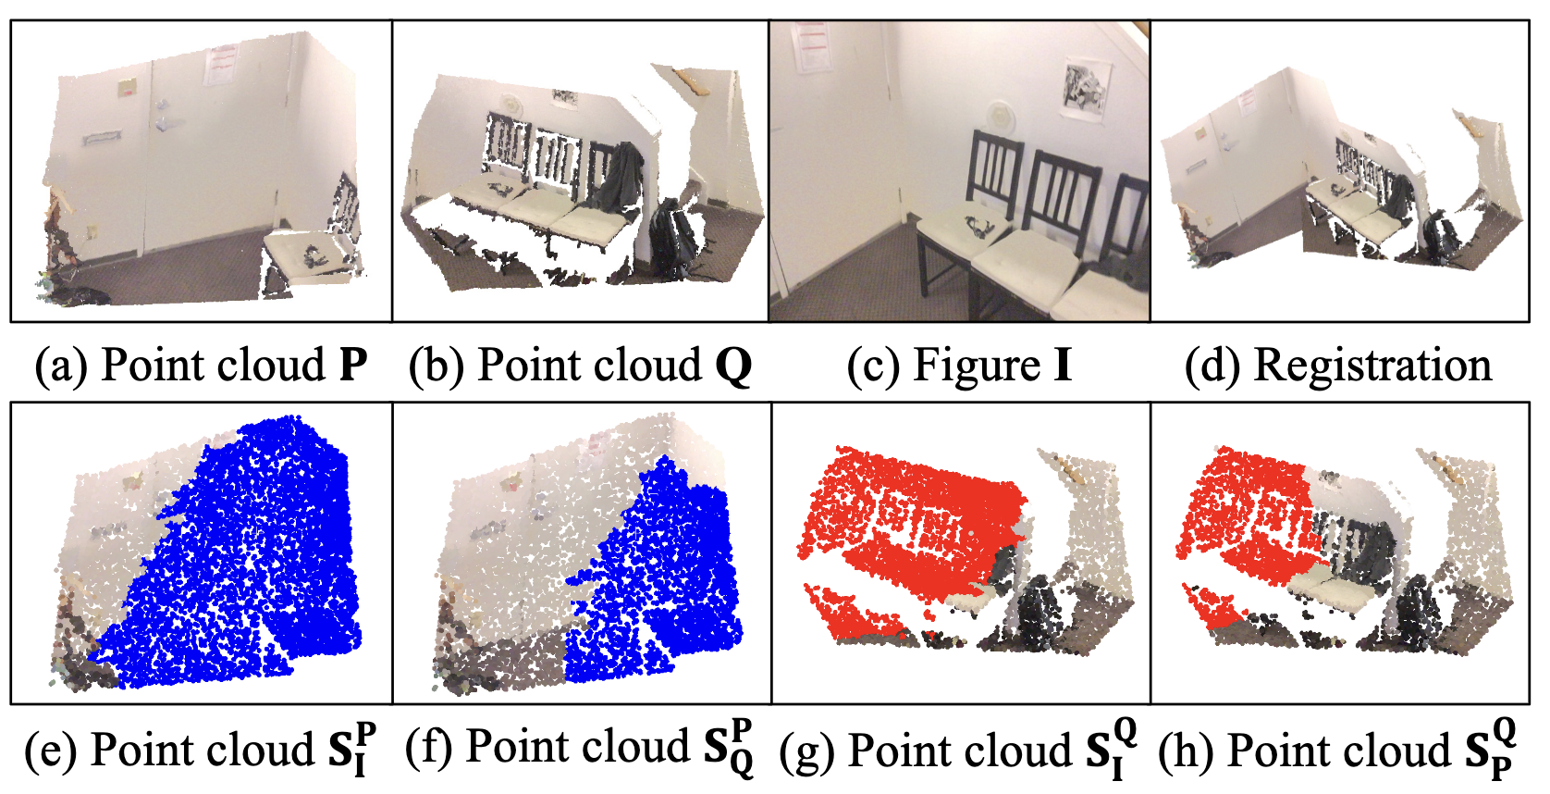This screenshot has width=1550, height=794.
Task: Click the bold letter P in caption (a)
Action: pyautogui.click(x=353, y=365)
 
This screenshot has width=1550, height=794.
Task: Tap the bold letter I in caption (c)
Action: pyautogui.click(x=1063, y=365)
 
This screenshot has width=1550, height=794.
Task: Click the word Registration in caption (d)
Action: pyautogui.click(x=1372, y=366)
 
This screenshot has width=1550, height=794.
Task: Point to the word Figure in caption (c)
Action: pyautogui.click(x=977, y=366)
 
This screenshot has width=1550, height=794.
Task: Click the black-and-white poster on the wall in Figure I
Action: pyautogui.click(x=1086, y=91)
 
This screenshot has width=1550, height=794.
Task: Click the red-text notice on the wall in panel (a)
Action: pyautogui.click(x=221, y=65)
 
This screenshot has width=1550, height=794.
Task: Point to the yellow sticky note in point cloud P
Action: pyautogui.click(x=127, y=87)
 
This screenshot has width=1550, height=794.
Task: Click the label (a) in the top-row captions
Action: pyautogui.click(x=62, y=366)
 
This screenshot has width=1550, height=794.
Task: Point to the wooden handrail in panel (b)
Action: pyautogui.click(x=693, y=81)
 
